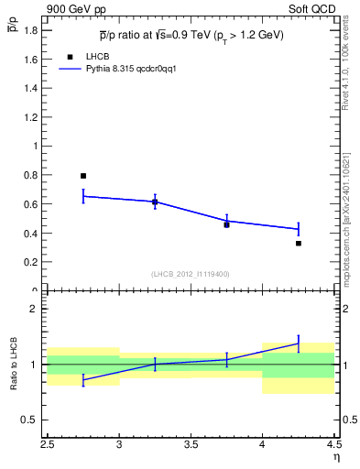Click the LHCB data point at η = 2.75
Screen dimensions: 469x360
pyautogui.click(x=83, y=176)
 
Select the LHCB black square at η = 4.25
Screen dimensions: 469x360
pyautogui.click(x=299, y=244)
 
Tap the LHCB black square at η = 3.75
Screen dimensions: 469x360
pyautogui.click(x=226, y=224)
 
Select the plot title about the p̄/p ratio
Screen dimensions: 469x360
pyautogui.click(x=191, y=36)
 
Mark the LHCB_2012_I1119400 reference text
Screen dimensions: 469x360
pyautogui.click(x=191, y=273)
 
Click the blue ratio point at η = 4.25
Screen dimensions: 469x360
pyautogui.click(x=299, y=344)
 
